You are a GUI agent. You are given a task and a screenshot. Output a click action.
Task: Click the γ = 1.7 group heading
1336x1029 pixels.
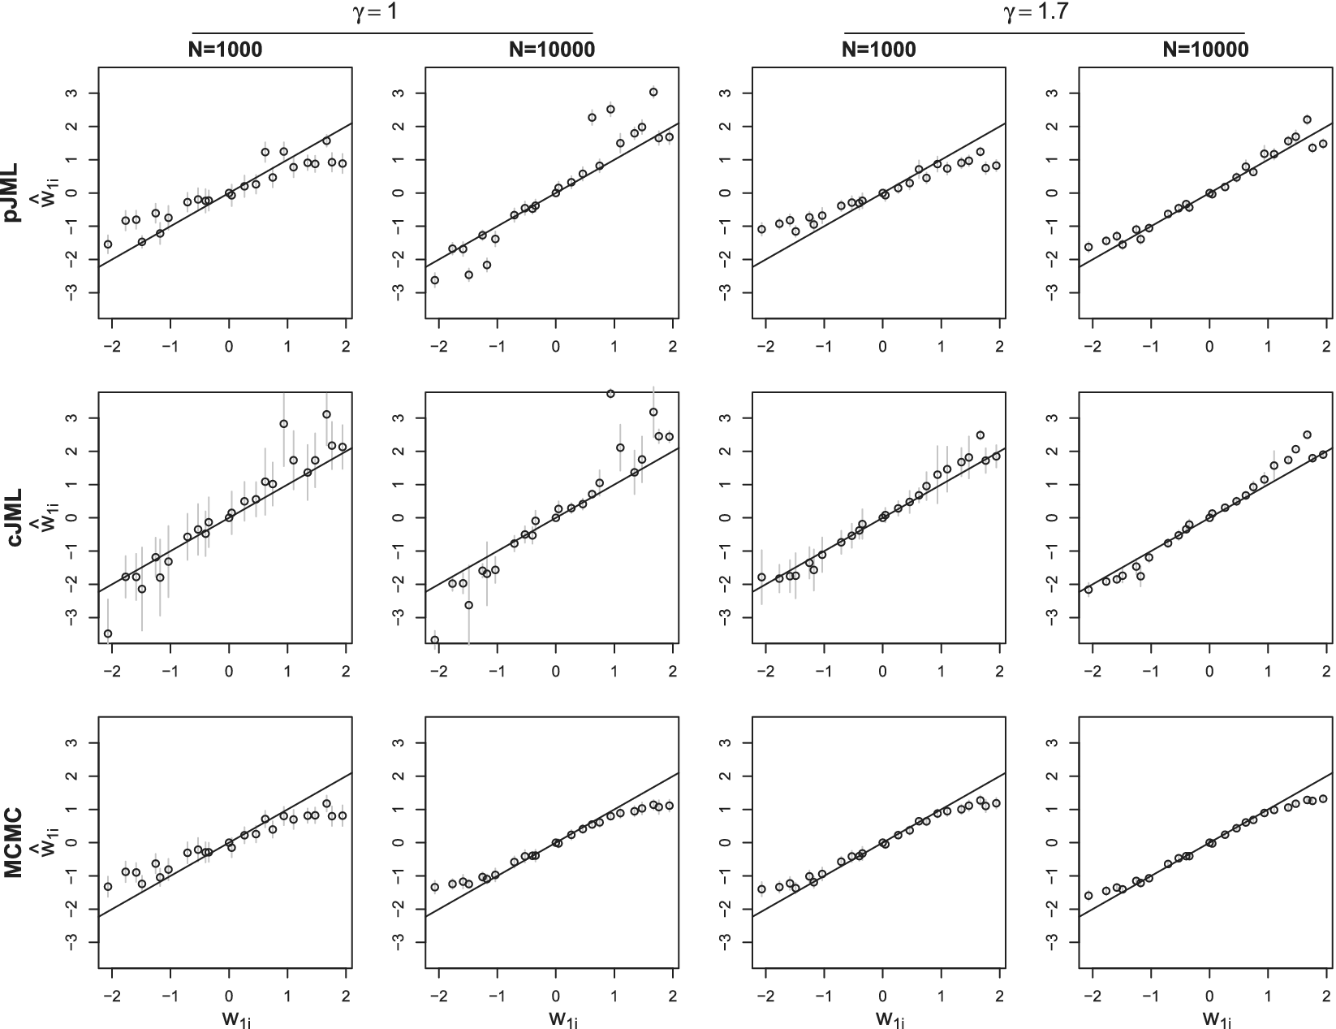click(1044, 13)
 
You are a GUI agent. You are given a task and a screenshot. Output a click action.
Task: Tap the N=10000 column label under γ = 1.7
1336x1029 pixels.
click(1205, 50)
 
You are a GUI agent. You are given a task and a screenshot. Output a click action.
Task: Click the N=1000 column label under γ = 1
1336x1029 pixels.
click(222, 50)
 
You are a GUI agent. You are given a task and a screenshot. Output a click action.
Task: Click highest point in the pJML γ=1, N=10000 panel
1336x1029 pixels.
click(653, 92)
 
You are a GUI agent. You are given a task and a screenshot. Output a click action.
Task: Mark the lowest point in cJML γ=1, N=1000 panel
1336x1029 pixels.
click(108, 633)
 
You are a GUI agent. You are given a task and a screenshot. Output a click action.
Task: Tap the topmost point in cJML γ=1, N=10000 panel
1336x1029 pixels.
click(610, 394)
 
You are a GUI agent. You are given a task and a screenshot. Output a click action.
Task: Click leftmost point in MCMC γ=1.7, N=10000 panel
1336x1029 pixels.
click(1088, 896)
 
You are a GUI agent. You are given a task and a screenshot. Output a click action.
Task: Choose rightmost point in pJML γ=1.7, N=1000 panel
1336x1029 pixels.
click(996, 166)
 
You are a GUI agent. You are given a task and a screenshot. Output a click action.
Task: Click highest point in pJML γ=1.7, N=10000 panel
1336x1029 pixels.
click(1307, 119)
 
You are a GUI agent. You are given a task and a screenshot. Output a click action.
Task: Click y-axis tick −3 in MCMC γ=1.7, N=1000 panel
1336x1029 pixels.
click(726, 942)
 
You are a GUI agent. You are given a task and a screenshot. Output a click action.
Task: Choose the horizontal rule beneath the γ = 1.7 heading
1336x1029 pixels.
click(1044, 33)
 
